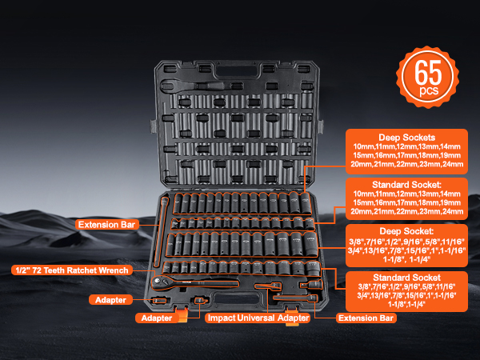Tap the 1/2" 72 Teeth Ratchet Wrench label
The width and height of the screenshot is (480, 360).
click(x=70, y=270)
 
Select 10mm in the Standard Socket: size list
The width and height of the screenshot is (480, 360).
click(x=365, y=194)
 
